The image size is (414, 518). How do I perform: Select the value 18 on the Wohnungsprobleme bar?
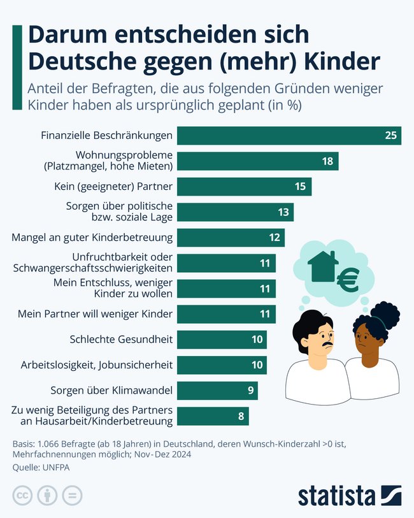(x=327, y=161)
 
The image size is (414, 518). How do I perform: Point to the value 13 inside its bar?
(x=283, y=212)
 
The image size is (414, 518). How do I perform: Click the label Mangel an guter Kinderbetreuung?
(x=92, y=238)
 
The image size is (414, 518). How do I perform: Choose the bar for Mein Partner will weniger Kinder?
(x=226, y=314)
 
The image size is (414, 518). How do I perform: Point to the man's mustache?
(x=326, y=347)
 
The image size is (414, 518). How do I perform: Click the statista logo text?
(x=337, y=494)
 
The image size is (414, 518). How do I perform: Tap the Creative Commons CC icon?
(x=22, y=495)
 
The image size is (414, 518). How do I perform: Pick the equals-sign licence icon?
(x=72, y=495)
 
